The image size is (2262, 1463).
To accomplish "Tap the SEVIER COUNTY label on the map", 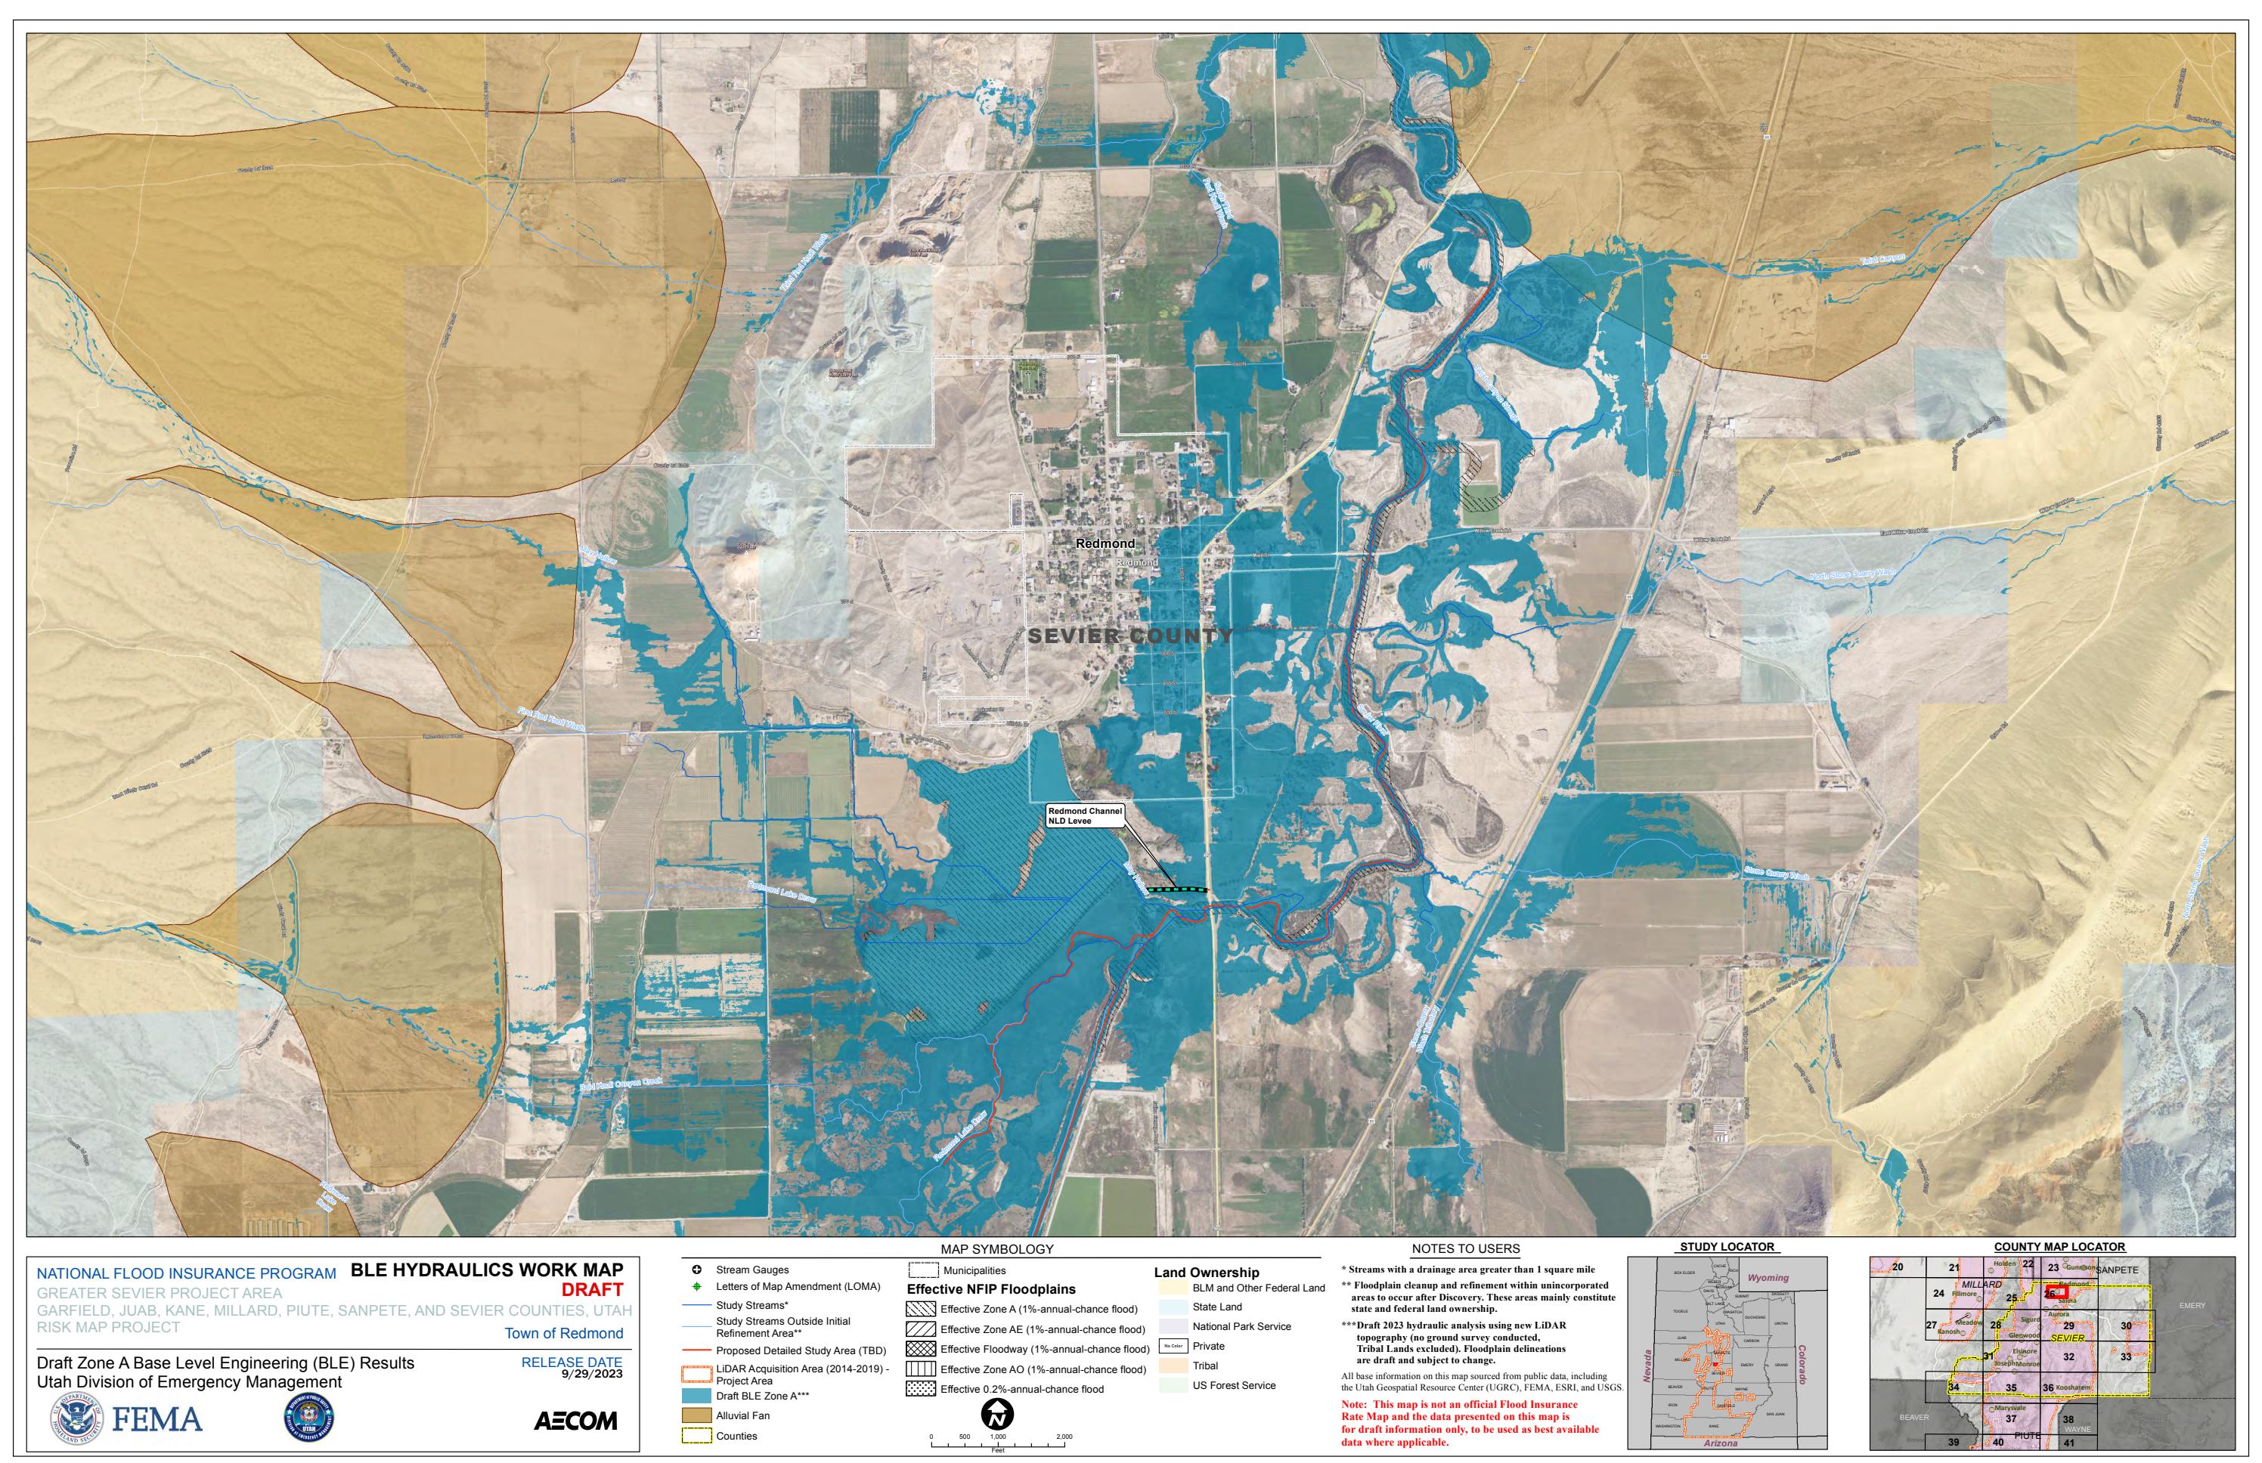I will point(1130,636).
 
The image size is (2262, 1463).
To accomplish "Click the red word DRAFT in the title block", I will point(592,1289).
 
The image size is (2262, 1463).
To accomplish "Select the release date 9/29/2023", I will point(592,1374).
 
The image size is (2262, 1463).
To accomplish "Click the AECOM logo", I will point(576,1421).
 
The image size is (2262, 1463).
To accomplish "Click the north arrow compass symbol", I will point(997,1415).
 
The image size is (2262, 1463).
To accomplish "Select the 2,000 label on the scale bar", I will point(1064,1437).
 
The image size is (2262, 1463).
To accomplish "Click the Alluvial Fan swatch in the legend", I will point(696,1415).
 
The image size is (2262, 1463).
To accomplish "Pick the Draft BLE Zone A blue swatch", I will point(696,1396).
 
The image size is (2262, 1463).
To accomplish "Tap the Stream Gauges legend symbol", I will point(696,1270).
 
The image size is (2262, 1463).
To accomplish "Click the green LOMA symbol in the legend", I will point(696,1286).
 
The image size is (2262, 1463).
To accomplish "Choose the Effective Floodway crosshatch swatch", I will point(922,1349).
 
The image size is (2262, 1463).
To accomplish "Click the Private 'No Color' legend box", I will point(1172,1346).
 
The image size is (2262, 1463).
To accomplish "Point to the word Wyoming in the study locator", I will point(1768,1278).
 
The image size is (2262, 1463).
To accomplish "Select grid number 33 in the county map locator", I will point(2126,1356).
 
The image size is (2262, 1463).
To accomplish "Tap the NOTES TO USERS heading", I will point(1466,1248).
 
